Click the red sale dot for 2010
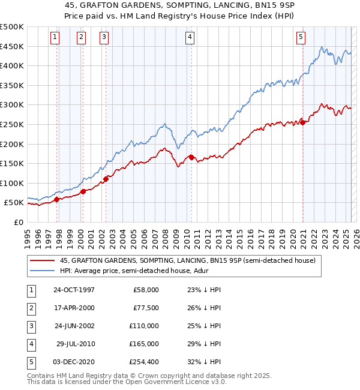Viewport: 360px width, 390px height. pos(191,157)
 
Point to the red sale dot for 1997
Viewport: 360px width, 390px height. pos(57,199)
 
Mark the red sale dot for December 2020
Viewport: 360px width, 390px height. pos(302,122)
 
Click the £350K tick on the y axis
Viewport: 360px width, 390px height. pos(13,85)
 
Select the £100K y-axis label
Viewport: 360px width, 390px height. pos(13,183)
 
